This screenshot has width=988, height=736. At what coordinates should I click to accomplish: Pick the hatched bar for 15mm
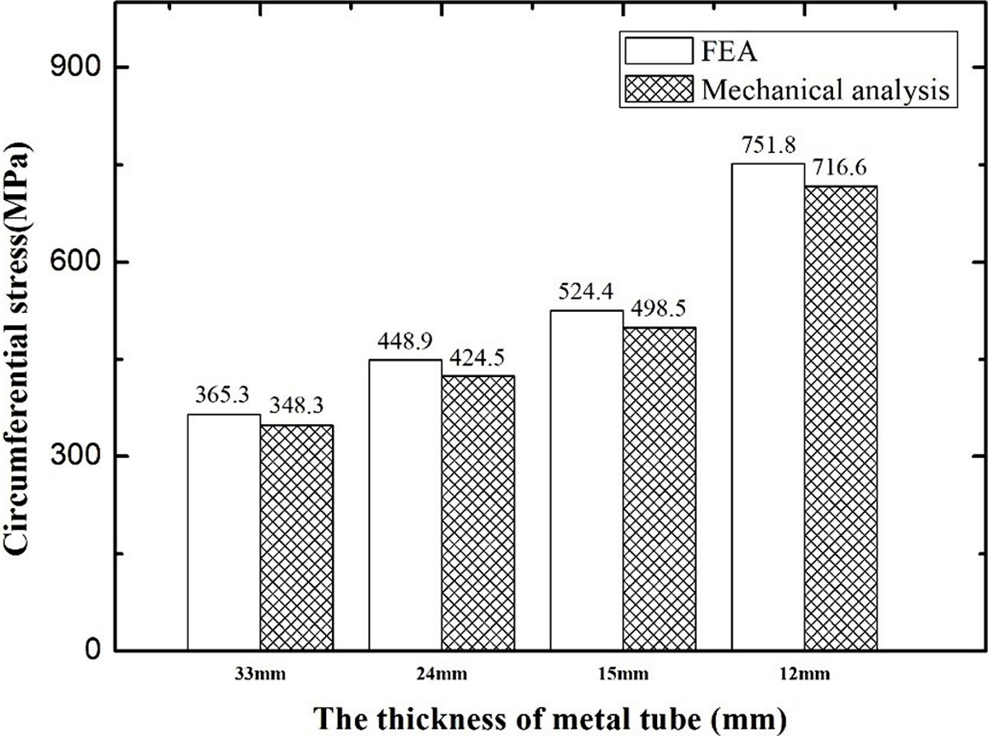pyautogui.click(x=659, y=489)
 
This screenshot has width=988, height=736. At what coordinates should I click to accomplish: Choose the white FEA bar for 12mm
pyautogui.click(x=768, y=407)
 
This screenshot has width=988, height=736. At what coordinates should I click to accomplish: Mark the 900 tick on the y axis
pyautogui.click(x=71, y=68)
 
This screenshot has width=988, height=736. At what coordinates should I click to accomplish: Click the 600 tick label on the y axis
pyautogui.click(x=71, y=262)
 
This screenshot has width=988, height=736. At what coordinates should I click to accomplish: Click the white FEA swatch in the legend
pyautogui.click(x=659, y=51)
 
